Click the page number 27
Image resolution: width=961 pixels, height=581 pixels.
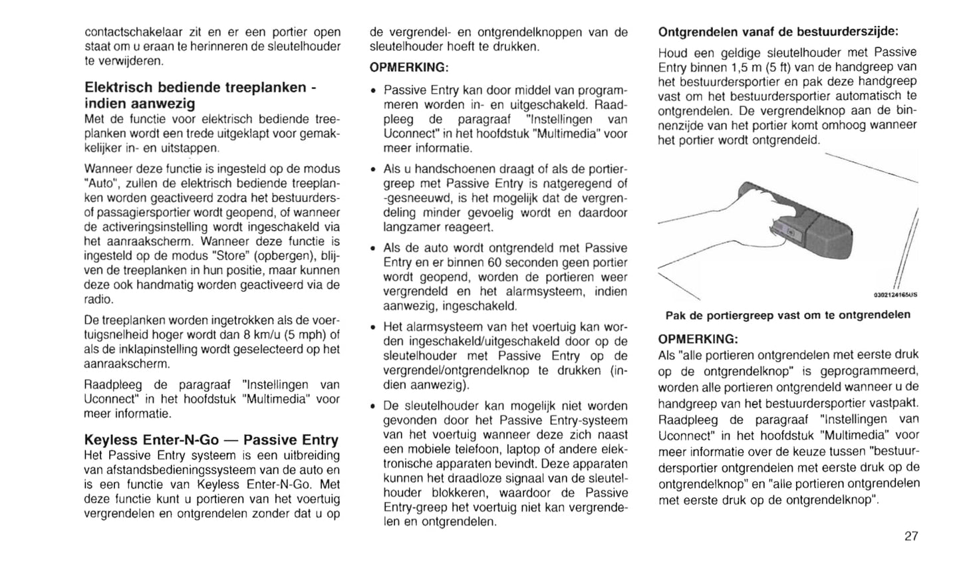coord(911,536)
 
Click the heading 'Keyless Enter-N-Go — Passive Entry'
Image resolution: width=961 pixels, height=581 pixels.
coord(211,440)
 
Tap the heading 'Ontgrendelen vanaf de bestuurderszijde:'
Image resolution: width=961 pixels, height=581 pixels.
coord(778,31)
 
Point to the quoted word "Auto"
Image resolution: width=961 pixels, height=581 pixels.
coord(100,183)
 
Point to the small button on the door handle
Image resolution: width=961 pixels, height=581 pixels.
coord(790,232)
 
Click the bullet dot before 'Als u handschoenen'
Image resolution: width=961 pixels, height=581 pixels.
coord(374,170)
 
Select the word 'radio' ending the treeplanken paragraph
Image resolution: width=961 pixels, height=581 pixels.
coord(98,300)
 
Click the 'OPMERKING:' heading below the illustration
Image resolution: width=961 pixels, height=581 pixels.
coord(698,339)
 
